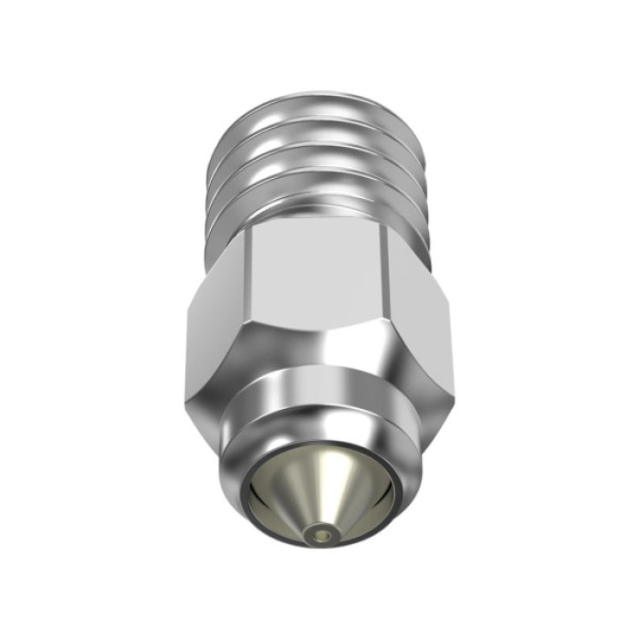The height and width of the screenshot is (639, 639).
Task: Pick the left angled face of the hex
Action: tap(215, 319)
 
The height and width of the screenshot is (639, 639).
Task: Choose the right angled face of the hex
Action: tap(419, 310)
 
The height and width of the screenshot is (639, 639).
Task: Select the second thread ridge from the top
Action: tap(319, 137)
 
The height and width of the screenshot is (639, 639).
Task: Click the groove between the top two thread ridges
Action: tap(319, 123)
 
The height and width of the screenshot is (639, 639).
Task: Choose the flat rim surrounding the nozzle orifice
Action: tap(321, 537)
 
